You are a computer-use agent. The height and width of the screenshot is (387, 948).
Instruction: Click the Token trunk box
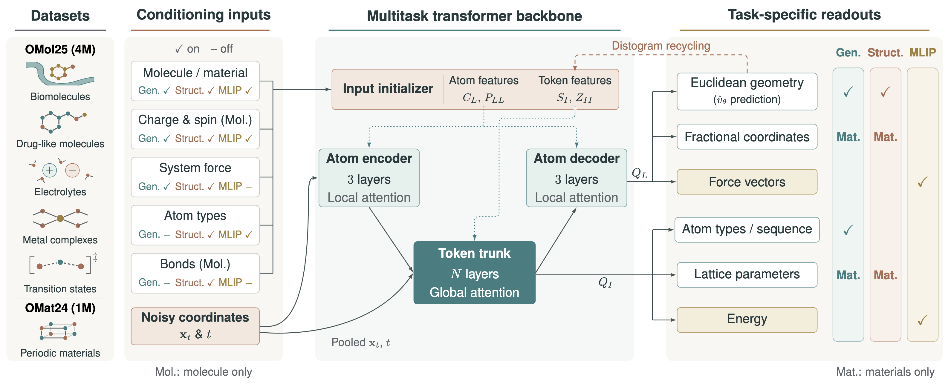pyautogui.click(x=474, y=273)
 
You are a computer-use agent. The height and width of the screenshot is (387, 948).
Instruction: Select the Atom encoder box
pyautogui.click(x=369, y=178)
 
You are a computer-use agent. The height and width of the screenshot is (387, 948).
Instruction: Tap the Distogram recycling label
pyautogui.click(x=661, y=46)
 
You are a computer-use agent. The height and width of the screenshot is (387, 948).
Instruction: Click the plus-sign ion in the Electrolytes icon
pyautogui.click(x=50, y=170)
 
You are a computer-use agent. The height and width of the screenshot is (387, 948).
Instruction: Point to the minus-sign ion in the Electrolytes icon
pyautogui.click(x=73, y=170)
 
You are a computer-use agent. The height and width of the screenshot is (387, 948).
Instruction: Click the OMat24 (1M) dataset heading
pyautogui.click(x=60, y=308)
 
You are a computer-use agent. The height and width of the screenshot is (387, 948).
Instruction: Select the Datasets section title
pyautogui.click(x=60, y=16)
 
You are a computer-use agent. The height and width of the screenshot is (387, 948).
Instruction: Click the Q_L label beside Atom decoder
pyautogui.click(x=639, y=173)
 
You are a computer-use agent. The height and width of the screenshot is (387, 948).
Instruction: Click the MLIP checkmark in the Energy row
pyautogui.click(x=922, y=320)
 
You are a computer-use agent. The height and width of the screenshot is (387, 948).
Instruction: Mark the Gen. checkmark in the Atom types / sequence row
pyautogui.click(x=848, y=230)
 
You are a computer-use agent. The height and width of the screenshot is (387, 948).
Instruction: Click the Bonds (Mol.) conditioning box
pyautogui.click(x=195, y=273)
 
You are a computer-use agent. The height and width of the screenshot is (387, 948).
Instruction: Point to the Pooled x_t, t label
pyautogui.click(x=361, y=343)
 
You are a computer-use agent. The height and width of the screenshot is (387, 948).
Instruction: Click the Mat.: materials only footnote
pyautogui.click(x=885, y=372)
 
